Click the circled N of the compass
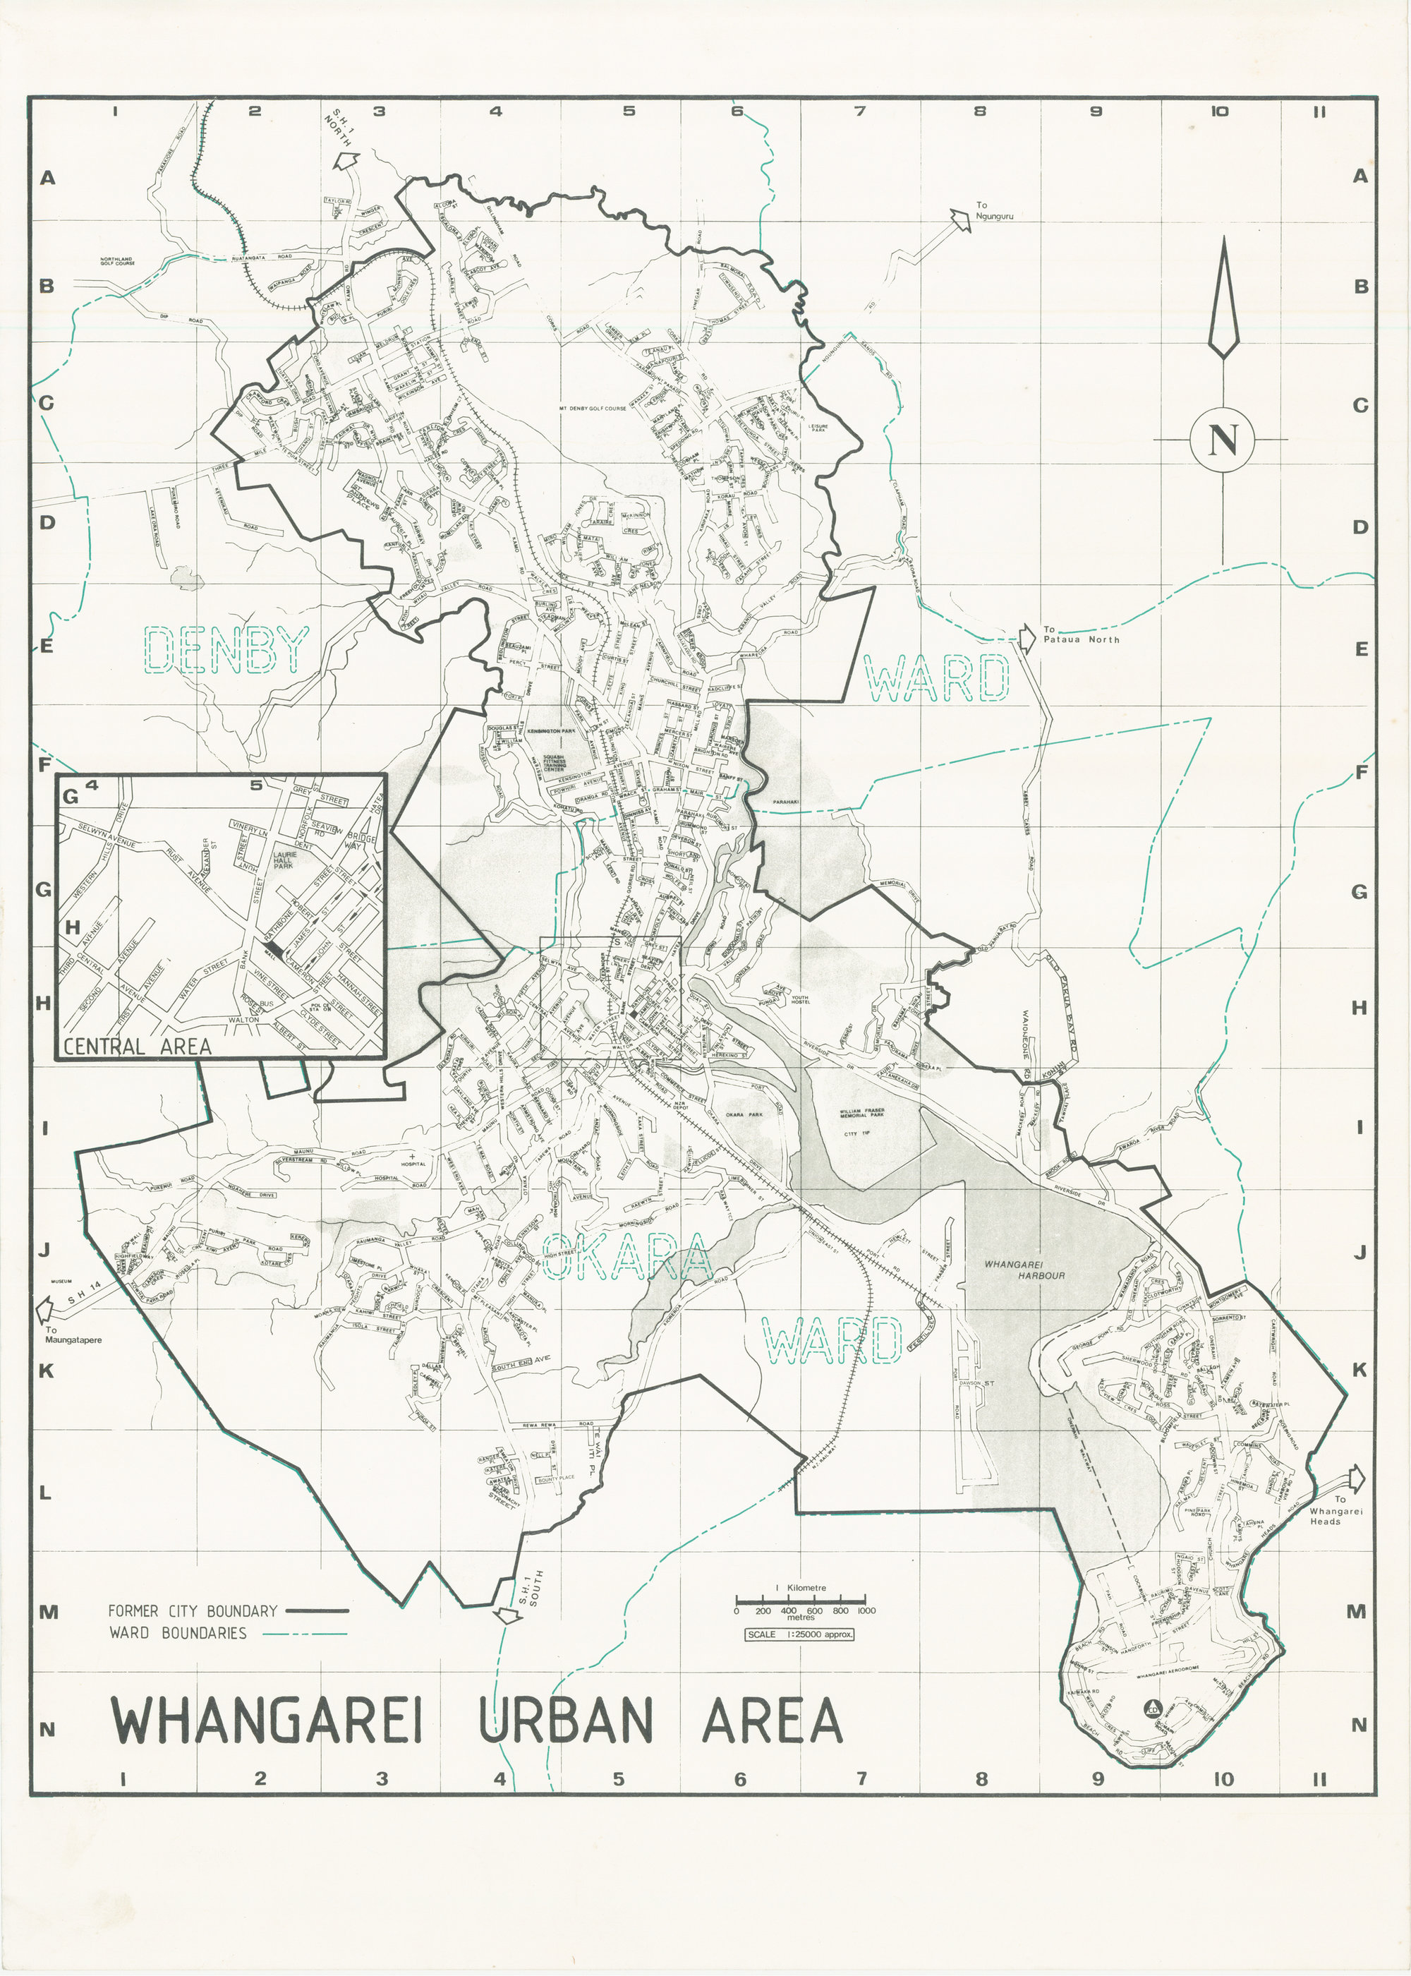(1223, 439)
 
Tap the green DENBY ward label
(225, 650)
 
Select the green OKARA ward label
(626, 1259)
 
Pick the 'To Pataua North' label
(1081, 634)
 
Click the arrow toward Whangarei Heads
(1354, 1477)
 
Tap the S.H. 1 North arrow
(346, 161)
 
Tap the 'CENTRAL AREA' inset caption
(138, 1046)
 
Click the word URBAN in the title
(566, 1721)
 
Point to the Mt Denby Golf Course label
(593, 407)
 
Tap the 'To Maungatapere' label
(73, 1335)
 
